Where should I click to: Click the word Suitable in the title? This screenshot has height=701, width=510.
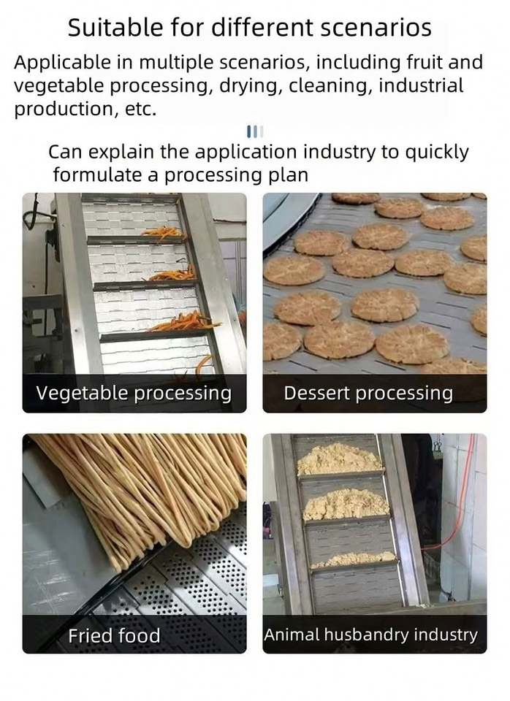pos(115,27)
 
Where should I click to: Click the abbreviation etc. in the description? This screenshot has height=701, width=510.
pos(140,109)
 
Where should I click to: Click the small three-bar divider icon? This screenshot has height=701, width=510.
pos(255,131)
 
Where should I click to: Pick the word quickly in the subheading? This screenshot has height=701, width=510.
pos(437,153)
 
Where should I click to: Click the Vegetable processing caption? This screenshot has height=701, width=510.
pos(134,394)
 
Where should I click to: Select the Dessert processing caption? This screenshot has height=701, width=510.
pos(368,394)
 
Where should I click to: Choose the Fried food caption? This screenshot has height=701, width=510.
pos(114,635)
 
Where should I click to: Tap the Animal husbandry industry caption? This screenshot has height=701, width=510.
pos(371,635)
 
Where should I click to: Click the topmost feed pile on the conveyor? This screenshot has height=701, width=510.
pos(338,459)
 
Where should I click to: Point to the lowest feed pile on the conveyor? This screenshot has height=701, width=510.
pos(354,559)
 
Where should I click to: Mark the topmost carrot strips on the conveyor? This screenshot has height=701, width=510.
pos(162,232)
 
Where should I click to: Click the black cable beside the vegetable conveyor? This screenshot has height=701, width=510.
pos(38,215)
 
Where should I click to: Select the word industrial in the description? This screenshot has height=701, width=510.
pos(421,85)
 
